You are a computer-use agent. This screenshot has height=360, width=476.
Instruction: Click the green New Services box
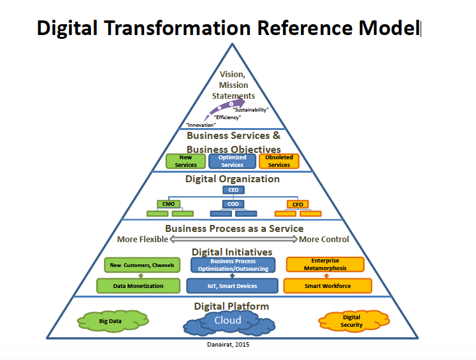[x=185, y=161]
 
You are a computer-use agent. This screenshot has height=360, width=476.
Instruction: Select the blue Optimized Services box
[x=232, y=161]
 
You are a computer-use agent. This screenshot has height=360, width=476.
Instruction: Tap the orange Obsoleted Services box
[x=278, y=161]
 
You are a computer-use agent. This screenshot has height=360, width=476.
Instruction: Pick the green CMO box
[x=168, y=204]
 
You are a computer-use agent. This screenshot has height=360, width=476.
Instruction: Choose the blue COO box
[x=233, y=204]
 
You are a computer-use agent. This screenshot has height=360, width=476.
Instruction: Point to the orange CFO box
[x=297, y=204]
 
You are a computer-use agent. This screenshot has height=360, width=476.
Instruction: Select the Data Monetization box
[x=138, y=286]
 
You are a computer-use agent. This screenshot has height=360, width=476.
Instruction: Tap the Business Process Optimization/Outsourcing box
[x=233, y=265]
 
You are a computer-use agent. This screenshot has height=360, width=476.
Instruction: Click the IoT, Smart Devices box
[x=233, y=286]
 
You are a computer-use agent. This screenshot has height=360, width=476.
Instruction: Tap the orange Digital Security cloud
[x=351, y=321]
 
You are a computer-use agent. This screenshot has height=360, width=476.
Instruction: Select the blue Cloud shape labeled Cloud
[x=228, y=321]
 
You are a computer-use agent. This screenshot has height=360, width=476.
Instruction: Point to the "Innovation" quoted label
[x=201, y=125]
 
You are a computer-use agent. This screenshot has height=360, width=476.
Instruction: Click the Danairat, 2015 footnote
[x=228, y=345]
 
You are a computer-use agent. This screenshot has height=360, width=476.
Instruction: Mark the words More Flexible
[x=143, y=240]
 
